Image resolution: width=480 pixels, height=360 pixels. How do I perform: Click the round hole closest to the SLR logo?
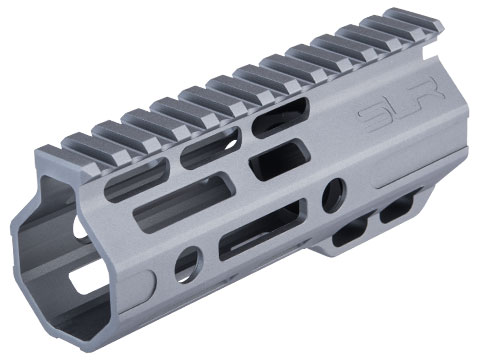(334, 195)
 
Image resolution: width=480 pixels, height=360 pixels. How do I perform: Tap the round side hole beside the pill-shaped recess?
(189, 264)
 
